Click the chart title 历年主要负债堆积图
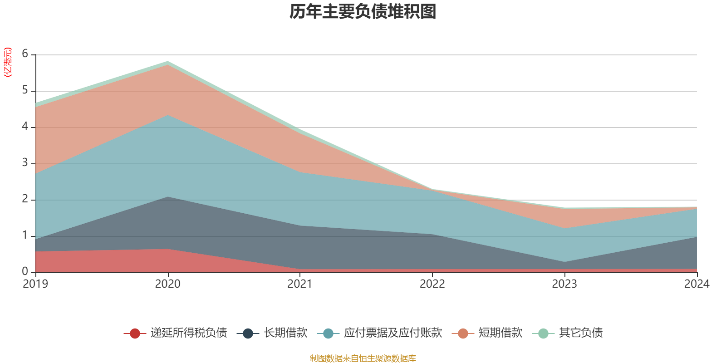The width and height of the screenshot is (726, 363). coord(363,12)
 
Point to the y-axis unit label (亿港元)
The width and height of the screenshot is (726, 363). coord(7,62)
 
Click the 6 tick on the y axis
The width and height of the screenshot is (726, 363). coord(25,54)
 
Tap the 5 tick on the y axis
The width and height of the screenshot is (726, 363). coord(25,90)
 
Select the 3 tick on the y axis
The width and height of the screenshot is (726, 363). coord(25,163)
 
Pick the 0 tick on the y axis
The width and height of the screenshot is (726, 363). coord(25,271)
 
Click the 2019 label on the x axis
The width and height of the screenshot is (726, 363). coord(35,284)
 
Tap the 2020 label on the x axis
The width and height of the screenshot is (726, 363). coord(168,284)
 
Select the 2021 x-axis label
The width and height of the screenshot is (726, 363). coord(300,284)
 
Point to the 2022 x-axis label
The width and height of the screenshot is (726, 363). coord(432,284)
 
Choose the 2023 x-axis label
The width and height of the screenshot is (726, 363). coord(564,284)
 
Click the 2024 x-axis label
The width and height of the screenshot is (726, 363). coord(697,284)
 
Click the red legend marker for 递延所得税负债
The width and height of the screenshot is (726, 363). coord(135,334)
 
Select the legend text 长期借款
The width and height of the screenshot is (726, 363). coord(285,333)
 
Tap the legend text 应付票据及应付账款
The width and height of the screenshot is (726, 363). coord(392,333)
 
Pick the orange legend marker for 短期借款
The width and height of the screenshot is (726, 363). coord(463,334)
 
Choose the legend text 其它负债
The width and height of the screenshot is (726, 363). coord(581,333)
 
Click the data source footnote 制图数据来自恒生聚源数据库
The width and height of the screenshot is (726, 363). coord(363,358)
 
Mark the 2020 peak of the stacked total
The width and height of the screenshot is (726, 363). coord(168,61)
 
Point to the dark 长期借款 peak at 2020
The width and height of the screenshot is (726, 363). coord(168,197)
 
